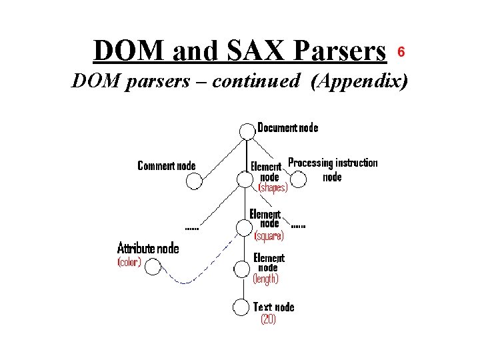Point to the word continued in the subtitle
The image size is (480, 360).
[x=259, y=81]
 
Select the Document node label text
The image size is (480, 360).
[x=287, y=127]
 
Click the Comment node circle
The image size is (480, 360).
[x=194, y=181]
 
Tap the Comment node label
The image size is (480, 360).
[x=166, y=165]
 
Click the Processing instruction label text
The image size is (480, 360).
[x=332, y=163]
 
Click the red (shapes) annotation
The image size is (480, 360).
[x=273, y=188]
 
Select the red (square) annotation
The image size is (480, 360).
[x=269, y=235]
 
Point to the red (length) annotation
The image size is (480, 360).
[x=266, y=279]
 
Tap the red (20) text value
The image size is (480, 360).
[x=267, y=319]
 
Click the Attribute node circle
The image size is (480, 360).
[x=153, y=268]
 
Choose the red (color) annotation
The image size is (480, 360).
[x=129, y=262]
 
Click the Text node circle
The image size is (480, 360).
[x=241, y=307]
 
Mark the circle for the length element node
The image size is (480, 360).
[x=241, y=268]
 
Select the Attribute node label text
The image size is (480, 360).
[x=148, y=248]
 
